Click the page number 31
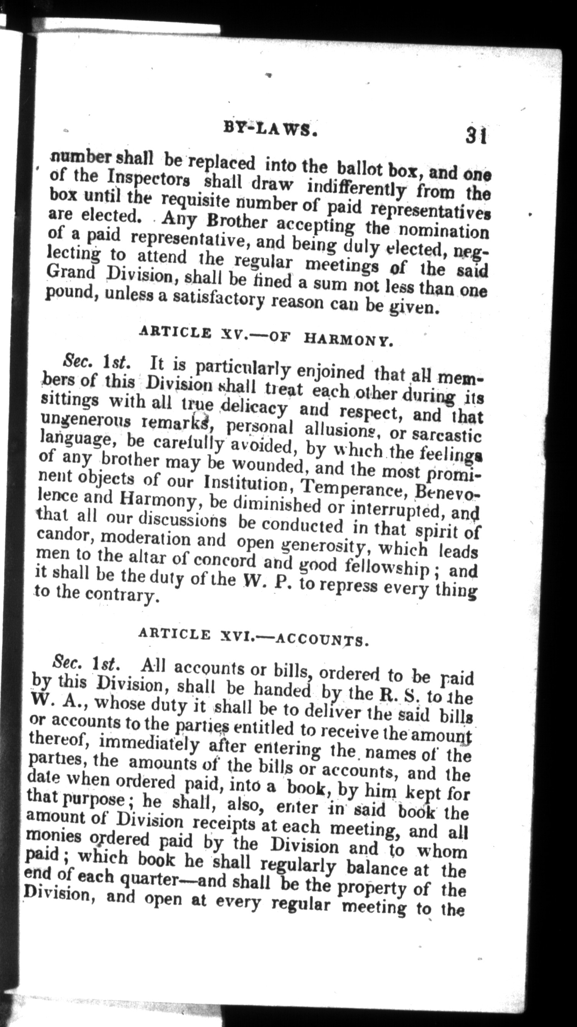coord(475,136)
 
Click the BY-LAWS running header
coord(270,129)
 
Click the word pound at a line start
coord(68,294)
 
